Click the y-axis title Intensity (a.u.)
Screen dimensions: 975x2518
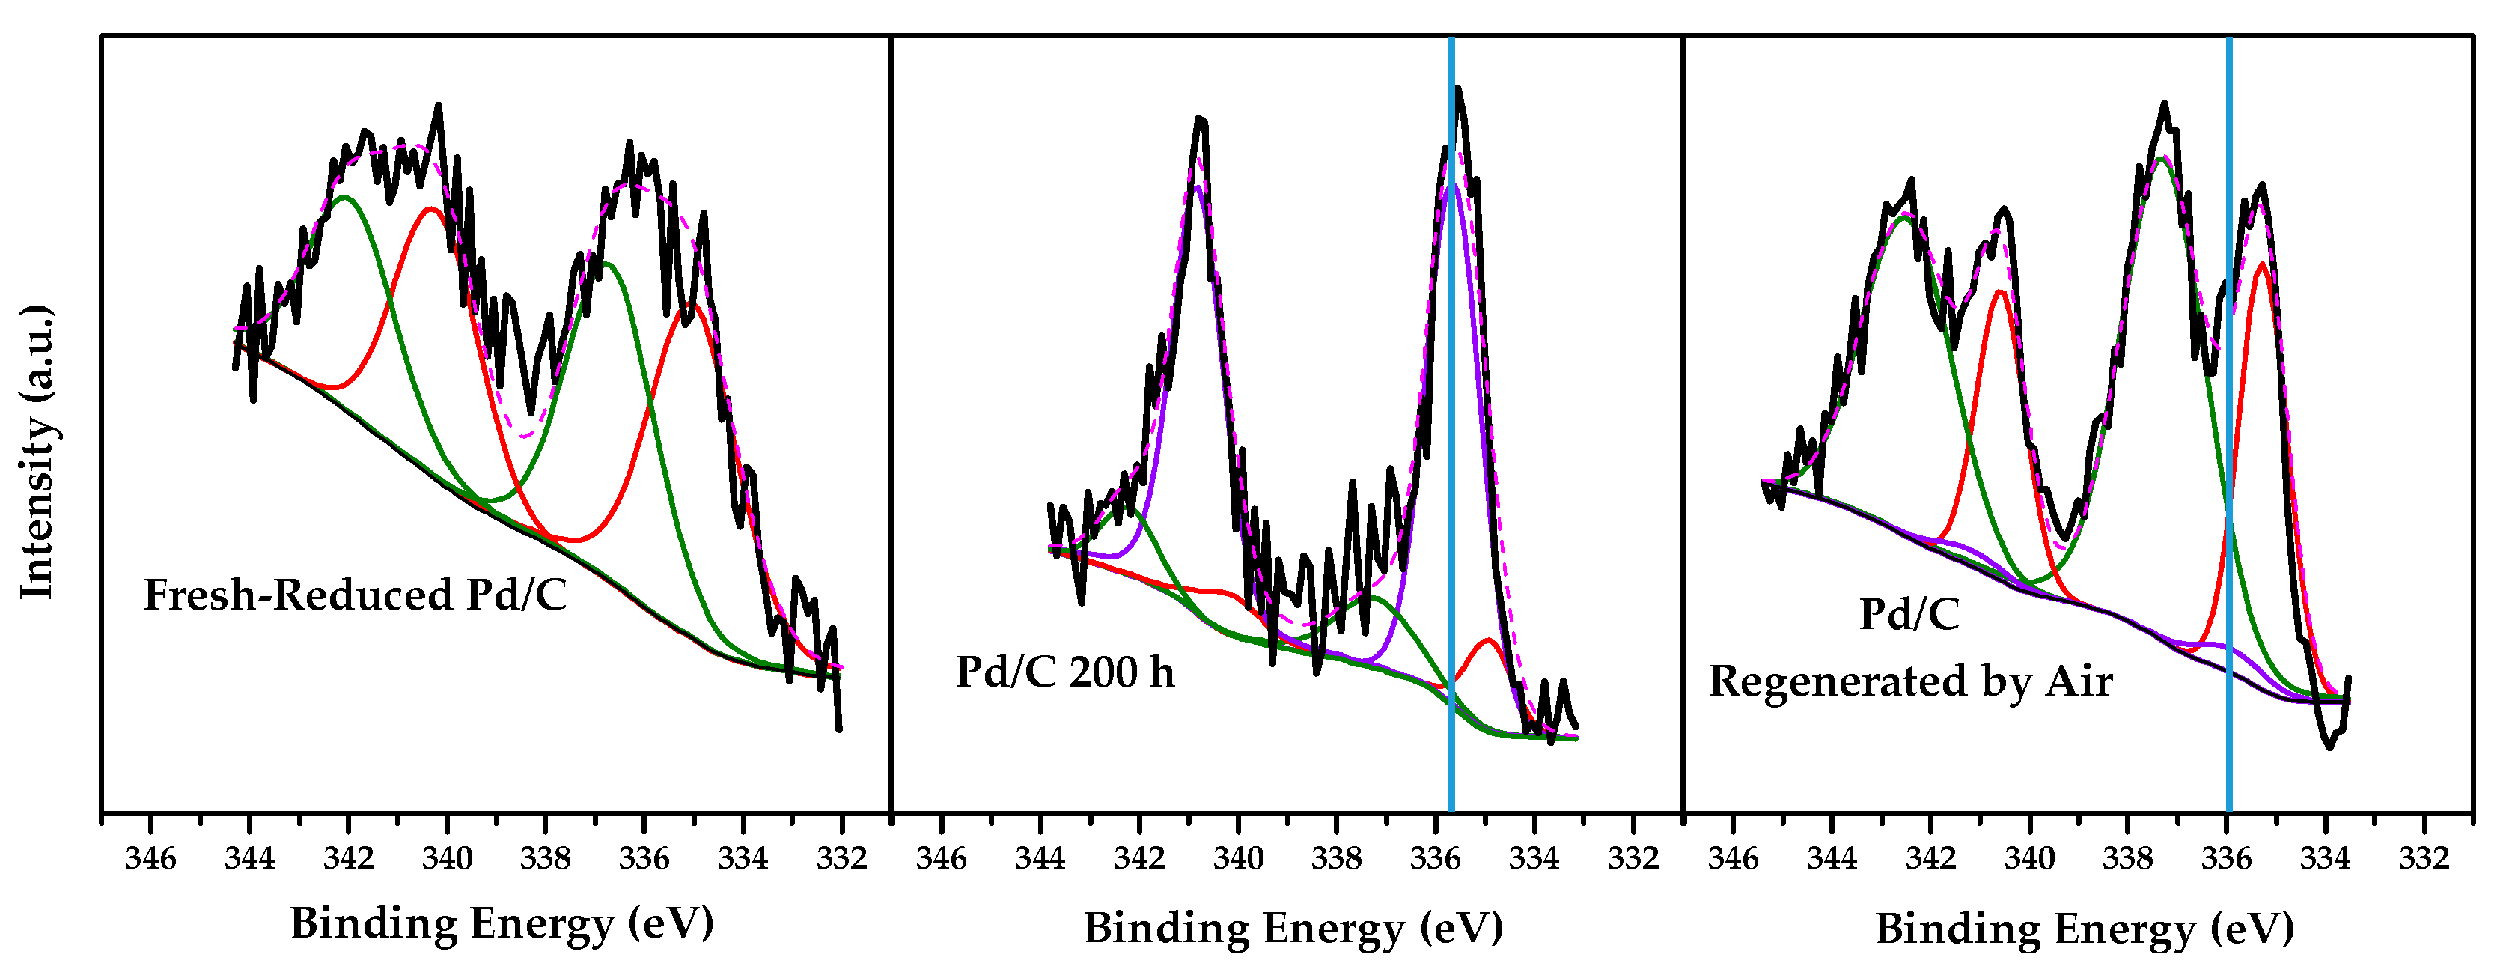37,452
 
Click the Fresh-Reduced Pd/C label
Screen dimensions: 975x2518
355,595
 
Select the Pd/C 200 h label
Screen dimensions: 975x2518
1064,672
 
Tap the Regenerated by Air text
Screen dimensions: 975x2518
1910,681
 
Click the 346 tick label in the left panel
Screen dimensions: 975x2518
150,859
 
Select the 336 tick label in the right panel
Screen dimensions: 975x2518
2226,859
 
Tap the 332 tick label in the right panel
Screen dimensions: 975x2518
2424,859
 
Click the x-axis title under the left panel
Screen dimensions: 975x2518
502,923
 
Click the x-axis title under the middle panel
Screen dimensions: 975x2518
1293,927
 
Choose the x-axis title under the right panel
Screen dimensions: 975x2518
2084,927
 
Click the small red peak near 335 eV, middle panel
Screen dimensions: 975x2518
1487,642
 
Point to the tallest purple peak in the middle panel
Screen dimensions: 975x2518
1454,186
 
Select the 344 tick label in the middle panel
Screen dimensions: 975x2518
1039,859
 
